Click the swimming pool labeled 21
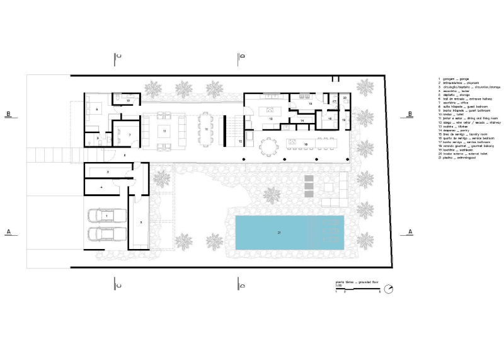(290, 233)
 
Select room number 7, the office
(125, 134)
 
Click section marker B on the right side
(409, 114)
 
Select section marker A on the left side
(9, 231)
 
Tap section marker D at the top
(242, 57)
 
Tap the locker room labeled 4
(101, 187)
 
